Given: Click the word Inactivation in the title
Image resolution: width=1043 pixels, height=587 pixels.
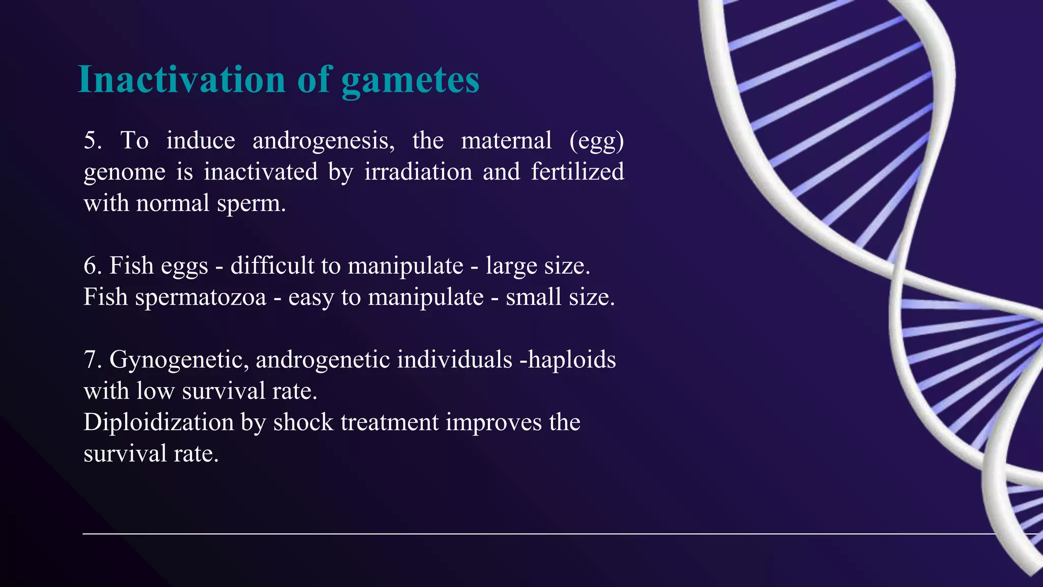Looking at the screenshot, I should click(x=181, y=80).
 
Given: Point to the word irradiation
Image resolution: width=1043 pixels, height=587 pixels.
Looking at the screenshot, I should click(x=418, y=172).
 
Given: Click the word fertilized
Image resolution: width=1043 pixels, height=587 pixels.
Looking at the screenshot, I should click(x=577, y=172).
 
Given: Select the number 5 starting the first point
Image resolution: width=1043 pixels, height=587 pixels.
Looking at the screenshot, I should click(x=91, y=141).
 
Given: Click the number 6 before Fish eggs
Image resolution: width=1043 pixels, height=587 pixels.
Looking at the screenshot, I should click(x=91, y=266).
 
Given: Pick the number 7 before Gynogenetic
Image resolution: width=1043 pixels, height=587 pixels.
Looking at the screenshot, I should click(x=91, y=360).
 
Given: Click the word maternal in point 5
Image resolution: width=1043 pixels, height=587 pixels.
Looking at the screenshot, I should click(x=506, y=141).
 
